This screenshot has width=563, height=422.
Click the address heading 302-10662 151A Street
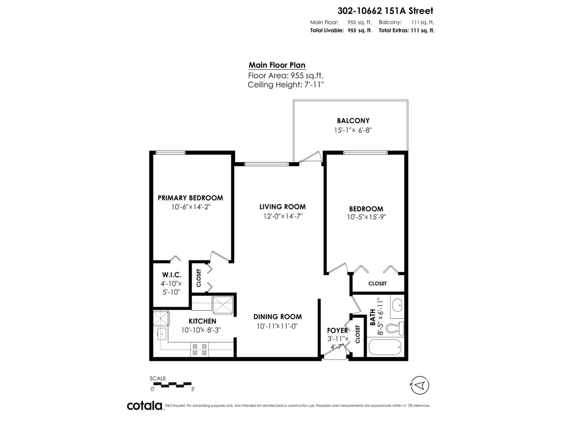click(385, 11)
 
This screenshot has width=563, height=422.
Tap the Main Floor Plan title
click(277, 65)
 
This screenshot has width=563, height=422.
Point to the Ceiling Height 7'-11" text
click(286, 85)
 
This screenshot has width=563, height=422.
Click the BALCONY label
click(353, 121)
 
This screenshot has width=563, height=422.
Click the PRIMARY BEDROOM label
click(190, 198)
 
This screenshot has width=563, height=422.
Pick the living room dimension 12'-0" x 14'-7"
click(283, 216)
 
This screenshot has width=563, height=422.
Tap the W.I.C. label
click(172, 275)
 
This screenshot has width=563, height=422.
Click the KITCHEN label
click(202, 321)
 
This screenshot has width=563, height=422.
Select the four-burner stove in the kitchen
click(200, 349)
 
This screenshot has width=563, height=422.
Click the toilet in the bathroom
click(395, 328)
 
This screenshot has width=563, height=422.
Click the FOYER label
click(337, 330)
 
